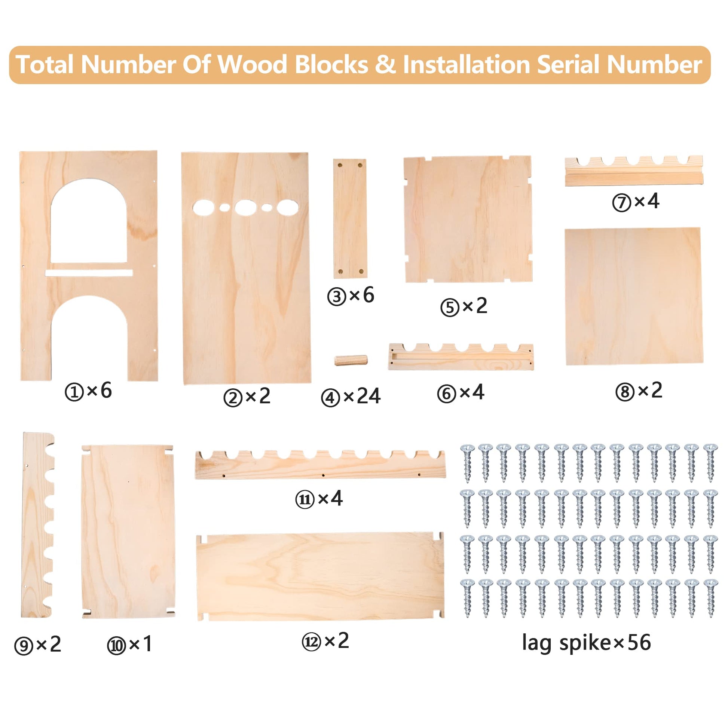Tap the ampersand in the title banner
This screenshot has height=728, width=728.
point(385,65)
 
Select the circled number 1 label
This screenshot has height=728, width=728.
point(74,392)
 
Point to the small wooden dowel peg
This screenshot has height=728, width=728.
point(351,360)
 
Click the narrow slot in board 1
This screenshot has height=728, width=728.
point(89,272)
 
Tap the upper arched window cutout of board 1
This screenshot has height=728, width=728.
point(89,221)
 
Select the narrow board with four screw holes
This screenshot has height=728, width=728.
point(350,218)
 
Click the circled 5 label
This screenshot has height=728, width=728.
point(450,308)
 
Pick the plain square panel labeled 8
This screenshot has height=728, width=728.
point(634,296)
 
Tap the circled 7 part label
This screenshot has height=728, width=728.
point(621,203)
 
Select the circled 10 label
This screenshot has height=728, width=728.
point(116,646)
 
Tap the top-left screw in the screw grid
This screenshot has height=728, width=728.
point(468,463)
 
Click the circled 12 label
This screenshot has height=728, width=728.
point(311,642)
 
